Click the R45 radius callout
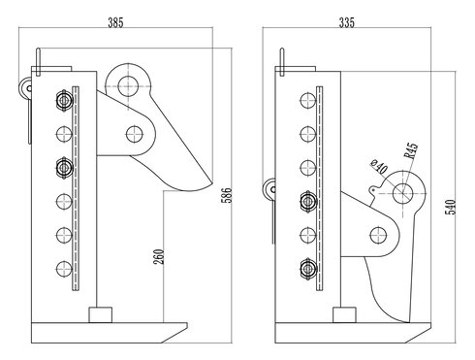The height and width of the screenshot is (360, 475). pyautogui.click(x=411, y=153)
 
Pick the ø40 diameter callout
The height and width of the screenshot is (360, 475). pyautogui.click(x=380, y=168)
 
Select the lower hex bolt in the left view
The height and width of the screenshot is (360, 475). pyautogui.click(x=65, y=167)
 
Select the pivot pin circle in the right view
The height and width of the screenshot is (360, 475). pyautogui.click(x=380, y=235)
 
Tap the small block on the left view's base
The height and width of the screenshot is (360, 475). pyautogui.click(x=100, y=315)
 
